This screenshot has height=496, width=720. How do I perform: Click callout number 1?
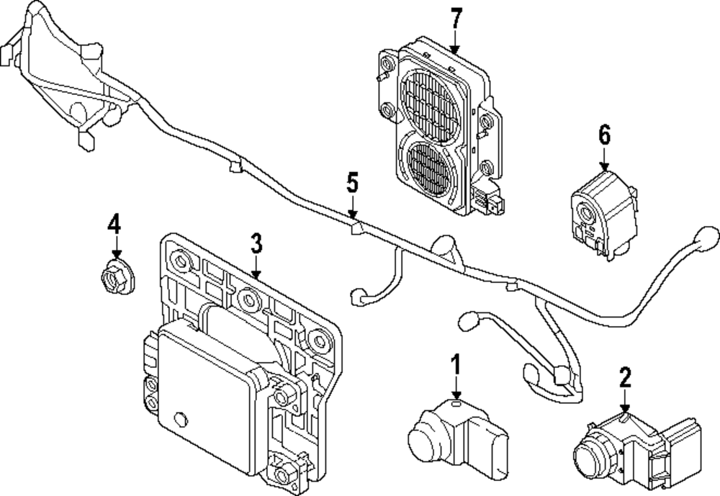[x=454, y=364]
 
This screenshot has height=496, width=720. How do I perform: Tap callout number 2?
[x=625, y=376]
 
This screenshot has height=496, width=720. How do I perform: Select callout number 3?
[x=256, y=243]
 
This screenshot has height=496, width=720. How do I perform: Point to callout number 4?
[x=114, y=224]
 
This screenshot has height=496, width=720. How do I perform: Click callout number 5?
[x=351, y=184]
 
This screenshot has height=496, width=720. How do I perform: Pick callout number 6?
[x=604, y=134]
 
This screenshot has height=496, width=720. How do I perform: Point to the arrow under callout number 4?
[x=114, y=248]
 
